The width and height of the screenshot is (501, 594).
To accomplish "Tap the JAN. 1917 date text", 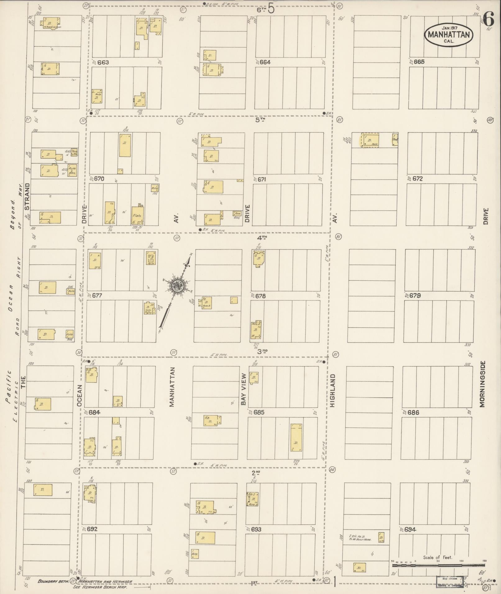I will (449, 28).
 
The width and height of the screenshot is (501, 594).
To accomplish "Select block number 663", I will (103, 62).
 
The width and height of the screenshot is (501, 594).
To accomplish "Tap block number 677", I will (97, 296).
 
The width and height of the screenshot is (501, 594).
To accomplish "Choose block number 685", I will (259, 413).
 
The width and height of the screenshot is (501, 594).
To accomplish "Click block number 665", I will (419, 62).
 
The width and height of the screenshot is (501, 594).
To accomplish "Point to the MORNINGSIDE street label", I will (482, 384).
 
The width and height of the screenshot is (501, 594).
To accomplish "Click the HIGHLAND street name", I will (333, 390).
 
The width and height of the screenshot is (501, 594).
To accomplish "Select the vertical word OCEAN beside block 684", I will (80, 396).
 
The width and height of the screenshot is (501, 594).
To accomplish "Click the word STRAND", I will (27, 197).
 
